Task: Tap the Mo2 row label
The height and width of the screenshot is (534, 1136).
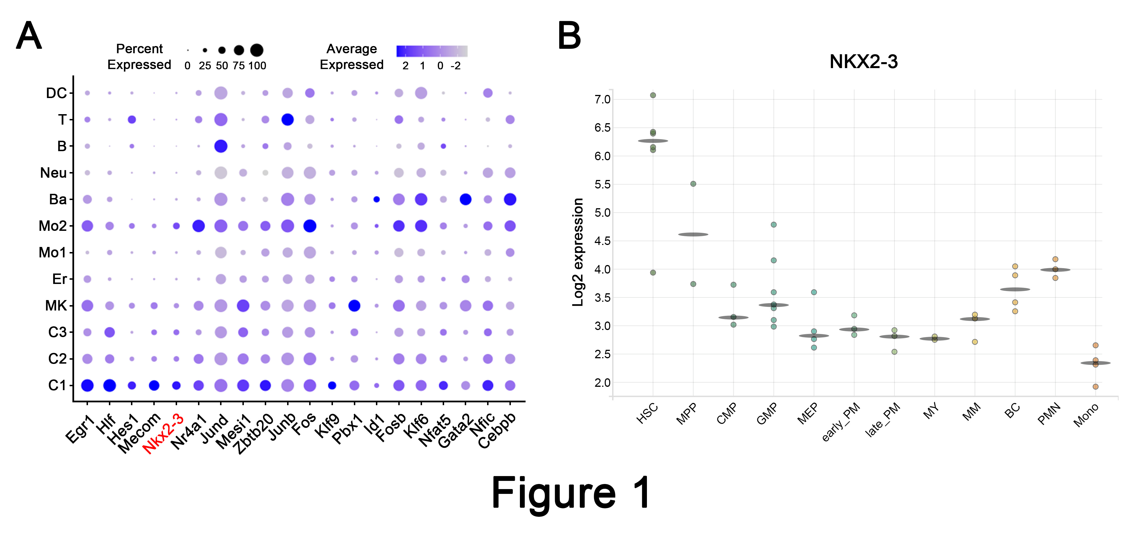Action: coord(53,226)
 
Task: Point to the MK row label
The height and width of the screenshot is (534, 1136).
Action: coord(56,306)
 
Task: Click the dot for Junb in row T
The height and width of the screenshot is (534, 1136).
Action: coord(287,120)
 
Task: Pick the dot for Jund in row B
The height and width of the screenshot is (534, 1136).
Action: coord(221,146)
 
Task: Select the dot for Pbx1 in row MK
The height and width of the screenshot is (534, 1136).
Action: coord(354,305)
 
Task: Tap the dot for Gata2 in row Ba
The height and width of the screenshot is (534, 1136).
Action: coord(465,199)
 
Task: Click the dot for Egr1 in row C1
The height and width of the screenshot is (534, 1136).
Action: coord(87,385)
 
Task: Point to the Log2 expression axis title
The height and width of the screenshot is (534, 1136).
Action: coord(578,252)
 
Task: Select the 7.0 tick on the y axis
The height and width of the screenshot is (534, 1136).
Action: coord(603,99)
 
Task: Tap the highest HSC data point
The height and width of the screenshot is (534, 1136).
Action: coord(653,95)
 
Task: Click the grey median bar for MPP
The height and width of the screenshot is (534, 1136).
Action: coord(693,235)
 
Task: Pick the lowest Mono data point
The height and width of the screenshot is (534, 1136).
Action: coord(1096,387)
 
